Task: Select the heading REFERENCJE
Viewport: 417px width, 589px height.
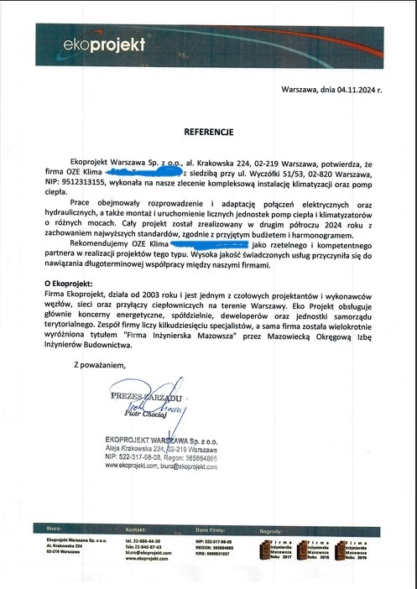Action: (208, 132)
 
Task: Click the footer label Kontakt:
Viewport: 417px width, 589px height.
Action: (137, 531)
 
